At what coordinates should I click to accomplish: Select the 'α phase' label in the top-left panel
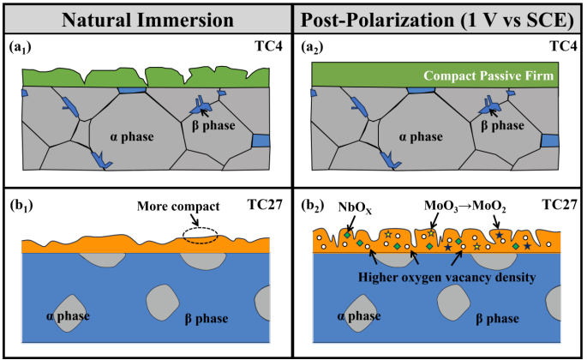coord(132,136)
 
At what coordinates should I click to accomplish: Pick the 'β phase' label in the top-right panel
coord(503,126)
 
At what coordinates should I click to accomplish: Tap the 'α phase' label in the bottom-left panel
coord(69,316)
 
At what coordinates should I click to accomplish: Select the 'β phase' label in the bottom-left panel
coord(207,319)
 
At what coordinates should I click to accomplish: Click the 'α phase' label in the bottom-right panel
coord(358,316)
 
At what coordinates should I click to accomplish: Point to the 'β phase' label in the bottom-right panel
coord(496,319)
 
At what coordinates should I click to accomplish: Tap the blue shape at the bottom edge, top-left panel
coord(101,159)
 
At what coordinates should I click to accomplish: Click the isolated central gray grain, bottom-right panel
coord(452,301)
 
